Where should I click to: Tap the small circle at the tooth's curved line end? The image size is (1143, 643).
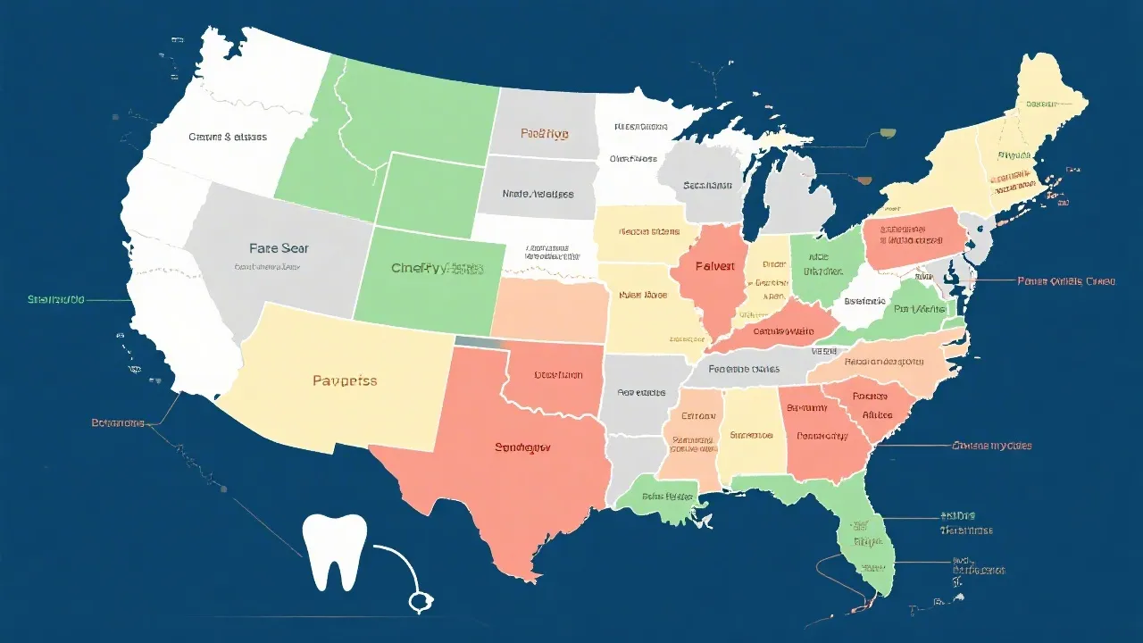click(417, 602)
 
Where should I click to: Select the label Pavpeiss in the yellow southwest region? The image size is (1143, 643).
click(345, 380)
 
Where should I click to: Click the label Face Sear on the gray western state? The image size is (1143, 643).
click(279, 248)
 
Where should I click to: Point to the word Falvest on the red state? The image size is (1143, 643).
click(714, 266)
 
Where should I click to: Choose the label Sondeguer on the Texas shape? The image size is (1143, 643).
click(522, 447)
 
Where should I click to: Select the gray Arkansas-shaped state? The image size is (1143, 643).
click(641, 393)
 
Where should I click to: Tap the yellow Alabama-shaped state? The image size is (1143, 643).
click(751, 434)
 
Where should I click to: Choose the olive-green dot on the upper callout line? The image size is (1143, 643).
click(888, 134)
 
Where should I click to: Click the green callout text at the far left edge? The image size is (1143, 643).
click(55, 300)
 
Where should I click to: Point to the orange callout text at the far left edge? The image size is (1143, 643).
click(117, 422)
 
